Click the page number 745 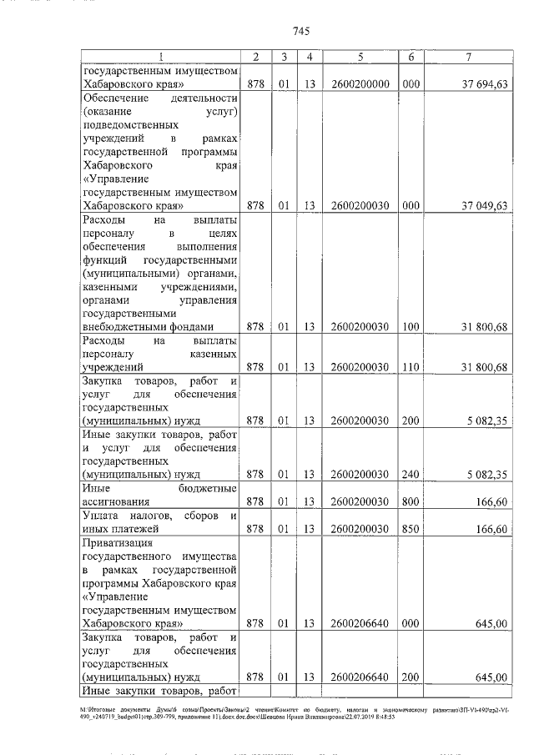302,32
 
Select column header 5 359,57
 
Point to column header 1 160,57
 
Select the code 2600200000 360,84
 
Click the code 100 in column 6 410,326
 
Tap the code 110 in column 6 410,366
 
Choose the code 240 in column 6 410,475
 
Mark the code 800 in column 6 410,502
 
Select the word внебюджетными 119,326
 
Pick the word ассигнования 116,502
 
